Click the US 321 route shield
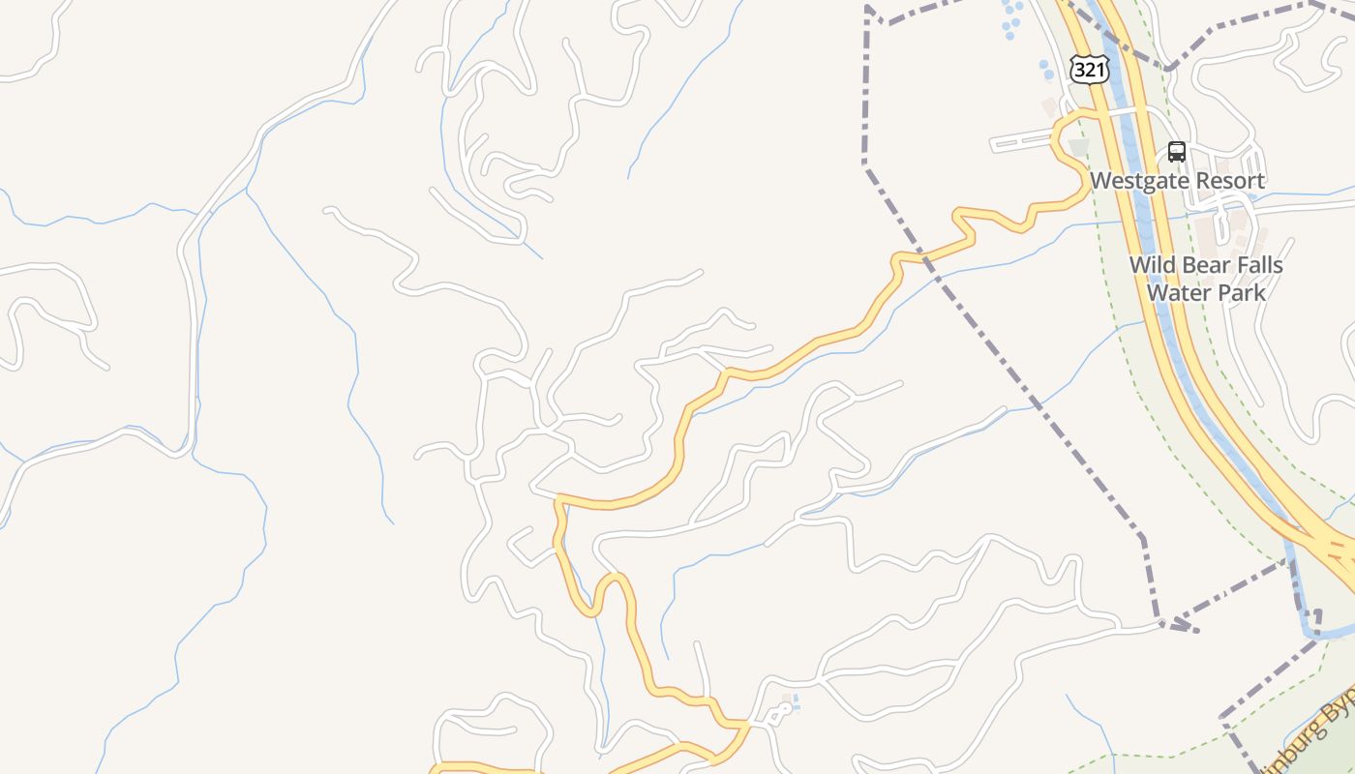(x=1089, y=70)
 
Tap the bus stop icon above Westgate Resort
(x=1177, y=152)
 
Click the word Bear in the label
(x=1205, y=265)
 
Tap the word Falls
(x=1258, y=265)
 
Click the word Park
(x=1240, y=291)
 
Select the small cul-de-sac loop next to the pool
(x=777, y=715)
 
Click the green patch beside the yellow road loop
(x=1078, y=148)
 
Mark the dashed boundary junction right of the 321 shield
(x=1169, y=68)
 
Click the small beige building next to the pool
(x=786, y=699)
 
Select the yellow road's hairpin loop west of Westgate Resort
(x=1065, y=145)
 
